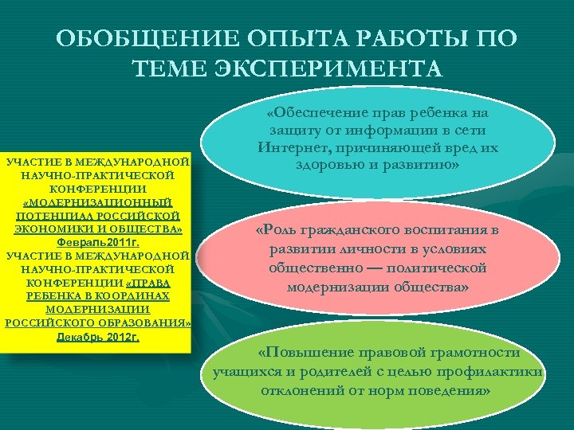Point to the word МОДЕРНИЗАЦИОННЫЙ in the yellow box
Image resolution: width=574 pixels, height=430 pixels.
[97, 202]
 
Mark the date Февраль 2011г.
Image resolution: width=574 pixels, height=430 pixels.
[97, 242]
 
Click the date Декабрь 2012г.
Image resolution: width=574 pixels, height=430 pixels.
[97, 337]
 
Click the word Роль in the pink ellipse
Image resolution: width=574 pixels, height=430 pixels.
[278, 231]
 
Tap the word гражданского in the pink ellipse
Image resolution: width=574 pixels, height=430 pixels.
[351, 231]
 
